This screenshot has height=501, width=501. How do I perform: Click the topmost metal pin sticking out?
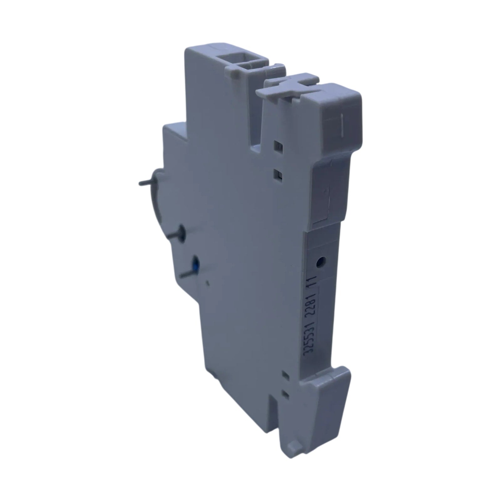(x=147, y=183)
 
